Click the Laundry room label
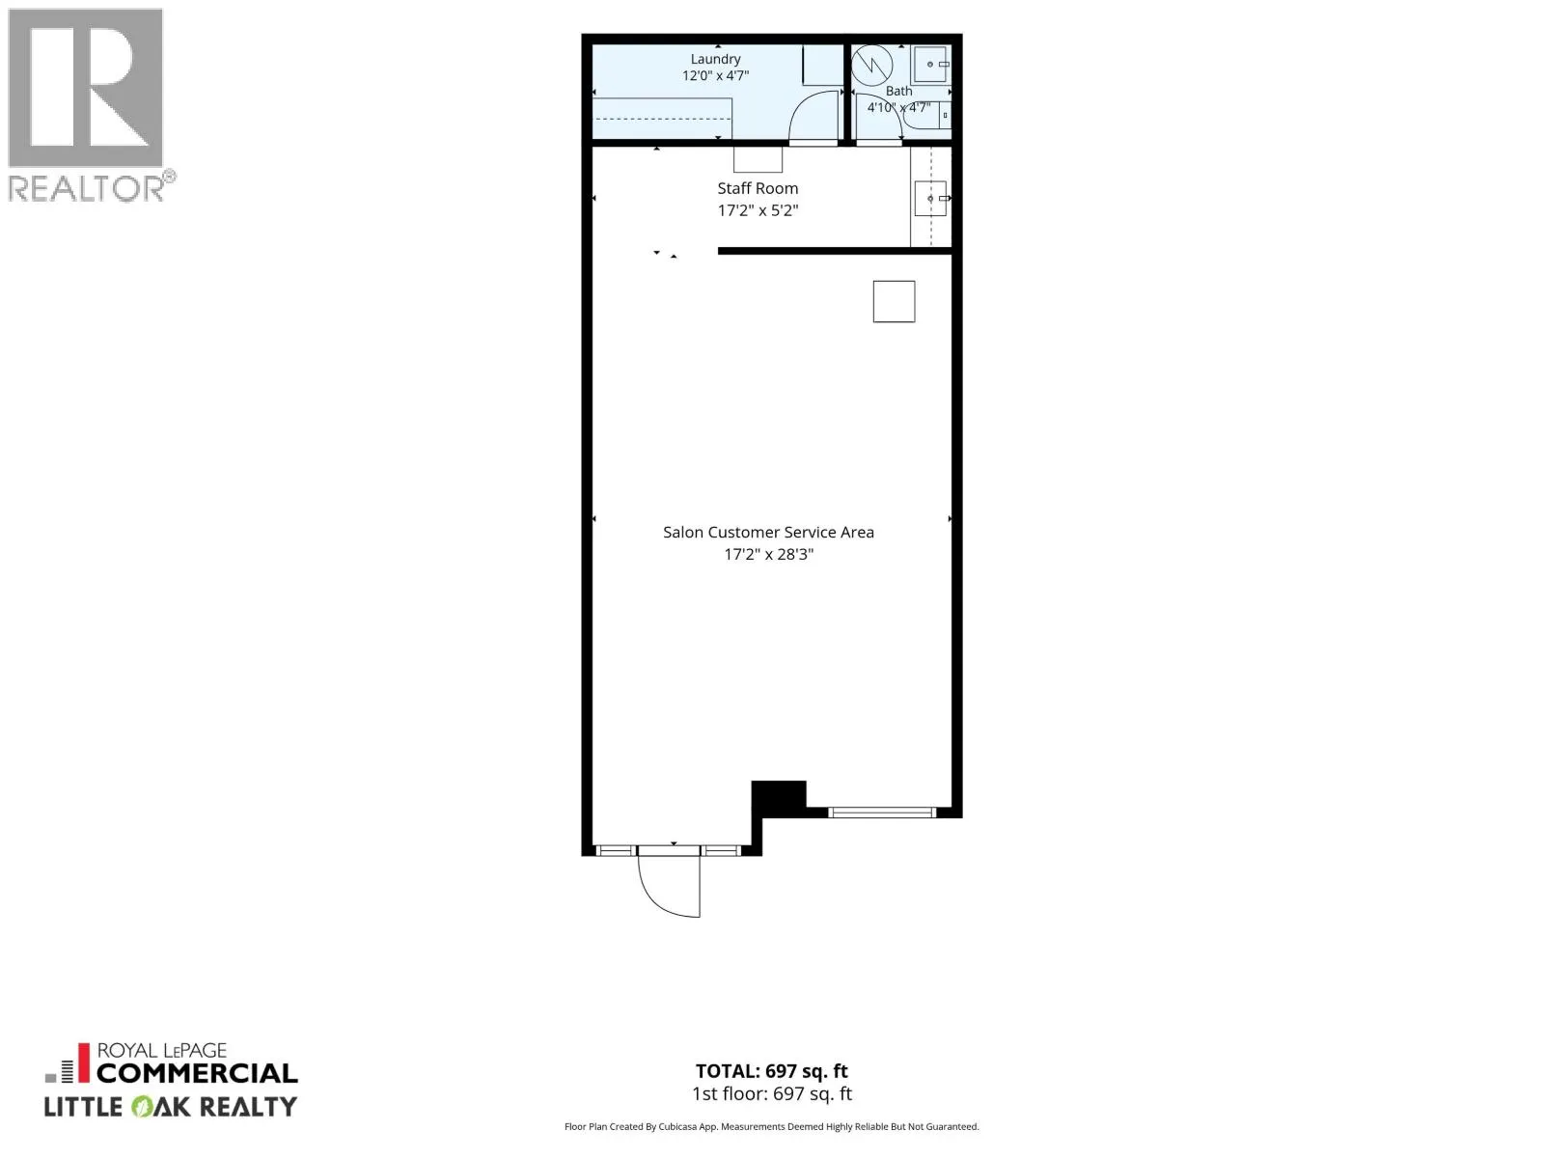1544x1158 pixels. pyautogui.click(x=715, y=59)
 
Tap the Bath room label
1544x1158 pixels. pyautogui.click(x=898, y=91)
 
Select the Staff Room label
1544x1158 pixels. pyautogui.click(x=758, y=188)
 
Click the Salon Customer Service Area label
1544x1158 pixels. pyautogui.click(x=768, y=533)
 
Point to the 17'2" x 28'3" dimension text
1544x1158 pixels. pyautogui.click(x=768, y=554)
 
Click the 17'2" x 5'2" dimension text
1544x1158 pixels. pyautogui.click(x=758, y=210)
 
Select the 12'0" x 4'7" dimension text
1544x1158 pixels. pyautogui.click(x=715, y=75)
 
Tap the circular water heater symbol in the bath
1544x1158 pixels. pyautogui.click(x=872, y=66)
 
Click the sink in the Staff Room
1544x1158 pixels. pyautogui.click(x=930, y=198)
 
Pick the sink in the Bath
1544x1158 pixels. pyautogui.click(x=931, y=64)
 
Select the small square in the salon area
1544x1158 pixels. pyautogui.click(x=894, y=302)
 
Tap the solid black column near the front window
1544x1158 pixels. pyautogui.click(x=779, y=798)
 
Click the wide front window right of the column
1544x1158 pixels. pyautogui.click(x=881, y=813)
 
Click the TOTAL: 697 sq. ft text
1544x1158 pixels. pyautogui.click(x=772, y=1071)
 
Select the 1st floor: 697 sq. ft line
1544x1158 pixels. pyautogui.click(x=772, y=1093)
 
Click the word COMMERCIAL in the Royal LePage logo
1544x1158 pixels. pyautogui.click(x=197, y=1073)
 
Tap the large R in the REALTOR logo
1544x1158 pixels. pyautogui.click(x=86, y=88)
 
